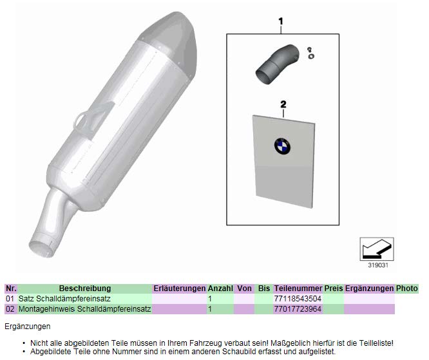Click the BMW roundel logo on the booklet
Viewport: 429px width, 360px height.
pyautogui.click(x=282, y=146)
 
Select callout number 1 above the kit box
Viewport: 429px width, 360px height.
pyautogui.click(x=281, y=22)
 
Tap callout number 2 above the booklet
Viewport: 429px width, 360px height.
pyautogui.click(x=283, y=104)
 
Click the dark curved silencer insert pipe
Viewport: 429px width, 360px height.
pyautogui.click(x=276, y=64)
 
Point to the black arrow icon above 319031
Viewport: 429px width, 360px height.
pyautogui.click(x=377, y=249)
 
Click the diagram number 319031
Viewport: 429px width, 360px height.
pyautogui.click(x=378, y=265)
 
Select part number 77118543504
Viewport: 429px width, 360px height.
pyautogui.click(x=298, y=299)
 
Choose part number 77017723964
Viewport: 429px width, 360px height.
pyautogui.click(x=298, y=309)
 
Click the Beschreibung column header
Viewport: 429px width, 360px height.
pyautogui.click(x=85, y=289)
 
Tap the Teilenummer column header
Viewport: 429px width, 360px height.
pyautogui.click(x=298, y=289)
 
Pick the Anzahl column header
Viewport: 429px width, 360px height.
pyautogui.click(x=220, y=289)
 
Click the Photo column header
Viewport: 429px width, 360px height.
pyautogui.click(x=407, y=289)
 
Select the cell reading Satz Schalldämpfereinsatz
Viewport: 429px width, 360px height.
pyautogui.click(x=64, y=299)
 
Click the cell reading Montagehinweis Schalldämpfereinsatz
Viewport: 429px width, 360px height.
pyautogui.click(x=84, y=309)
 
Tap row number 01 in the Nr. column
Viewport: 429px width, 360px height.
pyautogui.click(x=10, y=299)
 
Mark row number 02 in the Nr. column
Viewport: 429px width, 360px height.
pyautogui.click(x=10, y=309)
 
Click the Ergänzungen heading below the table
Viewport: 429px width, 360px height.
pyautogui.click(x=28, y=327)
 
